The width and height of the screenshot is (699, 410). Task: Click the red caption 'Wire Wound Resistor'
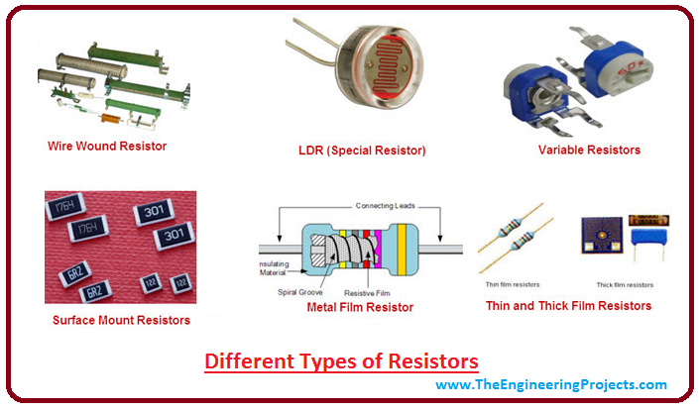coord(107,147)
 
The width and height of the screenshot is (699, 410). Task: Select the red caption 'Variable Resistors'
coord(589,150)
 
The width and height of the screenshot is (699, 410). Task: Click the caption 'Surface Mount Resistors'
coord(121,320)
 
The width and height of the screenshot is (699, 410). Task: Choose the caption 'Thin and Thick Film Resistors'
coord(568,306)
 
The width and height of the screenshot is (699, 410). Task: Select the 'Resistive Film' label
coord(369,294)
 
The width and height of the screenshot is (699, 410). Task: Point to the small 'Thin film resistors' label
coord(513,285)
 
